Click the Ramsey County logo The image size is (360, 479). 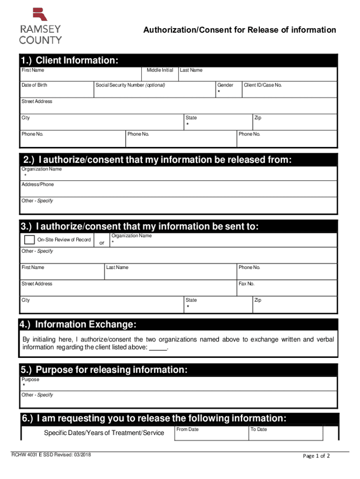click(40, 26)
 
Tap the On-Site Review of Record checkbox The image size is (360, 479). click(29, 240)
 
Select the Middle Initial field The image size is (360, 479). click(159, 75)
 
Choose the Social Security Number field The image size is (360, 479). click(154, 91)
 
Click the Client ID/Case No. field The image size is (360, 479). click(289, 91)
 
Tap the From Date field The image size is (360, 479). click(211, 434)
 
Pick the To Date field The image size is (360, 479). click(285, 434)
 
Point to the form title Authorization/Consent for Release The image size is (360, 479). click(239, 30)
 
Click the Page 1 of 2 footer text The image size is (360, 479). click(317, 456)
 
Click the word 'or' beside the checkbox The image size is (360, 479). click(102, 242)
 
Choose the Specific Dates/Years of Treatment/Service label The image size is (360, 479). click(104, 433)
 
